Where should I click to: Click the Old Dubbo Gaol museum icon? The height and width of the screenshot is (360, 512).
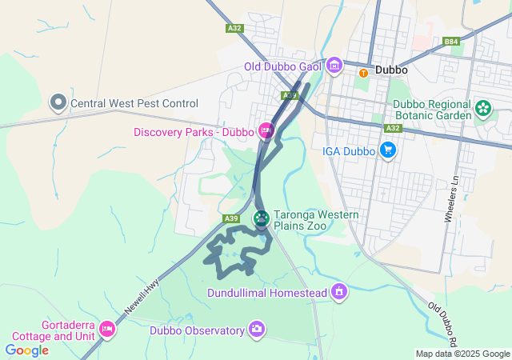point(335,65)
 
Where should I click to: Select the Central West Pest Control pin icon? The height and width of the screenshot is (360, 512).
point(58,102)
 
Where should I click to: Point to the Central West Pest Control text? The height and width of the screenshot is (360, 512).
point(134,103)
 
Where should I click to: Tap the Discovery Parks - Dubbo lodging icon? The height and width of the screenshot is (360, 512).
point(266,130)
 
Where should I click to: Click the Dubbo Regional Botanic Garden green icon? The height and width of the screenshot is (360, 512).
point(483,107)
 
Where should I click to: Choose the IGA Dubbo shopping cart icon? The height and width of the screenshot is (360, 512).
point(388,149)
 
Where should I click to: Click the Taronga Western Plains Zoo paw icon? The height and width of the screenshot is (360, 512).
point(262,218)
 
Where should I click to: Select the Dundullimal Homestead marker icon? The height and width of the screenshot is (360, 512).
point(339,292)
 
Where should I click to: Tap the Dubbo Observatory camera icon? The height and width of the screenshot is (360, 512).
point(257,328)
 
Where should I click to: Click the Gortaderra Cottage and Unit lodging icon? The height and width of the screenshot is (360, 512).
point(107,328)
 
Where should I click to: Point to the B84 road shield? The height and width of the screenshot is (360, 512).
point(452,42)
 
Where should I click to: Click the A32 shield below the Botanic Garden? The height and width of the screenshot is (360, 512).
point(392,128)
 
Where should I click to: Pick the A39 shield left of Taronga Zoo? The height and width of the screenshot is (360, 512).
point(231,218)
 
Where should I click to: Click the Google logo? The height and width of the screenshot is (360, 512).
point(26,350)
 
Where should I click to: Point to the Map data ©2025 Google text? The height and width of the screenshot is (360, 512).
point(462,354)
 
